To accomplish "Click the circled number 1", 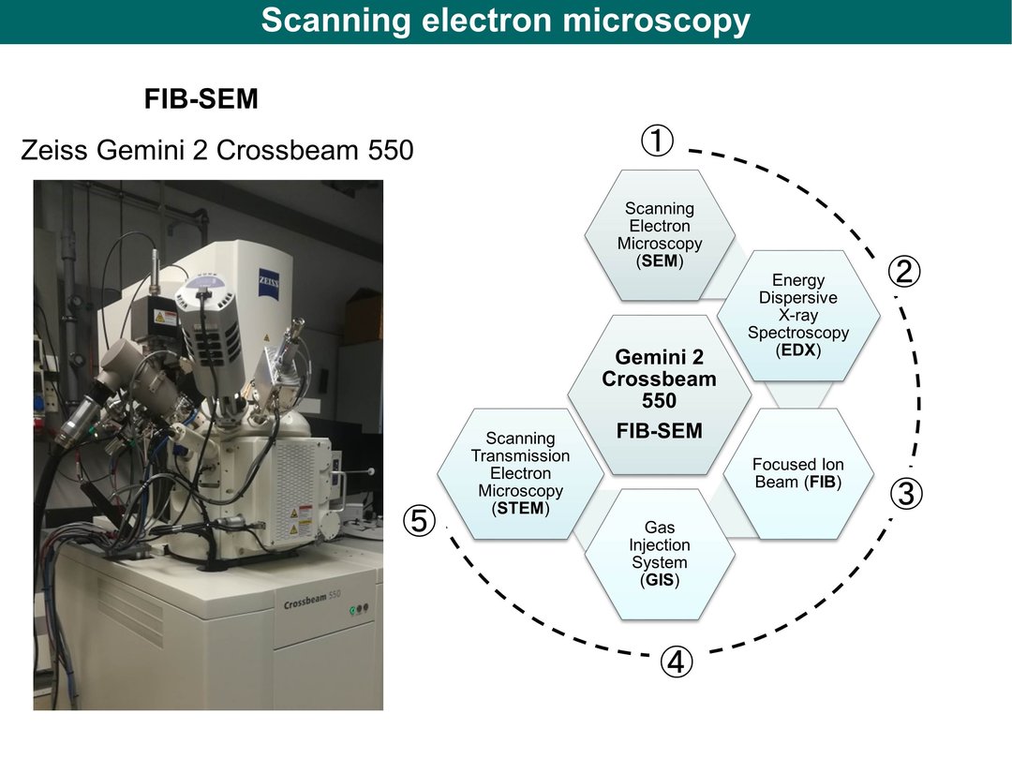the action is point(657,141).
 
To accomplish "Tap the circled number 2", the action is point(903,271).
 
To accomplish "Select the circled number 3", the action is point(906,494).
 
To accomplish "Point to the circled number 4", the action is point(677,662).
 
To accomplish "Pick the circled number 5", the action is point(420,520).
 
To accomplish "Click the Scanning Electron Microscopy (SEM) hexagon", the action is point(660,235).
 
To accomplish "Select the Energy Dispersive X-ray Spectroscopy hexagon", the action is point(798,316).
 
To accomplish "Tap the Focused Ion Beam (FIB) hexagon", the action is point(798,474).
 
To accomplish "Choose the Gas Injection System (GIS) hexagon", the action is point(660,555).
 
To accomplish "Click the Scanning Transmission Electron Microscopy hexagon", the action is point(521,474).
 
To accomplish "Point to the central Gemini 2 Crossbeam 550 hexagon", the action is point(660,395).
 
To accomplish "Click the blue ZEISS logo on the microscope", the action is point(269,282).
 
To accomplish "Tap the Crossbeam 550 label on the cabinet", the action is point(312,599).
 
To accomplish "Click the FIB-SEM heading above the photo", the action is point(201,98).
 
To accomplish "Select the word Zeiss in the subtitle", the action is point(53,150).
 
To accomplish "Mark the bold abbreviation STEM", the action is point(521,509).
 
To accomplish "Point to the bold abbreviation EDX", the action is point(798,350).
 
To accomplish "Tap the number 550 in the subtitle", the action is point(391,150).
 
